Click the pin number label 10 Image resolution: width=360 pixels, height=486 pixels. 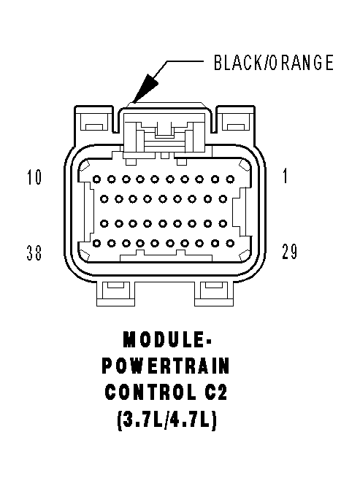coord(34,177)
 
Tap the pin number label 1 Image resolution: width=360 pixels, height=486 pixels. coord(285,176)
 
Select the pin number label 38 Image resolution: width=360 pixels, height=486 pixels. coord(34,252)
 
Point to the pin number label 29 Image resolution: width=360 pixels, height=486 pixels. coord(289,251)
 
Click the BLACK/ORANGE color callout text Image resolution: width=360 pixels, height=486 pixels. coord(274,62)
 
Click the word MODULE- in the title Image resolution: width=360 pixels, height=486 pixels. coord(166,339)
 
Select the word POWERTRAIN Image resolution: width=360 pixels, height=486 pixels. coord(166,366)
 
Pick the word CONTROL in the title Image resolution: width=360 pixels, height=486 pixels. coord(150,392)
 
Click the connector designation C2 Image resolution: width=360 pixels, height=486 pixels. coord(216,392)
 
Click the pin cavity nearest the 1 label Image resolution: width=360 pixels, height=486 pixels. coord(230,179)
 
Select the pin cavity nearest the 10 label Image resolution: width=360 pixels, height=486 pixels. coord(96,180)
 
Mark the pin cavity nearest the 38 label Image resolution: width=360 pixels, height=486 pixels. coord(96,244)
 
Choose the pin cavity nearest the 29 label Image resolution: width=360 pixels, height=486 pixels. coord(230,244)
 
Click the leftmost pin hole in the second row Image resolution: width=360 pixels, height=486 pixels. coord(104,199)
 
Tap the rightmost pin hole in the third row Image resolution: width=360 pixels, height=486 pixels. coord(223,223)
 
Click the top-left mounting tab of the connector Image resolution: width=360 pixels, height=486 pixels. coord(94,120)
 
